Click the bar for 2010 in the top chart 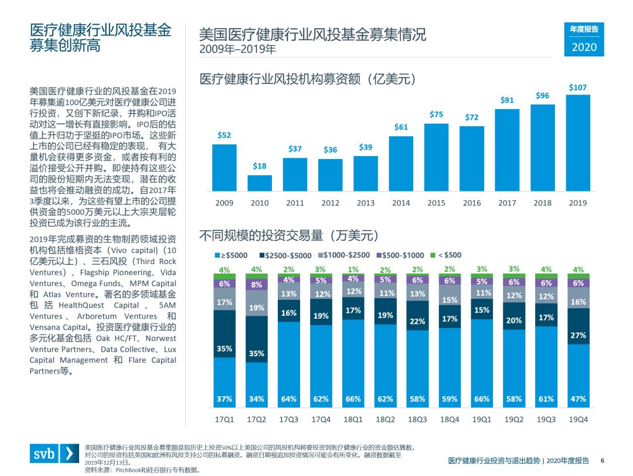click(260, 183)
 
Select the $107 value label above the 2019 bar click(577, 87)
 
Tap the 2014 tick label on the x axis click(401, 203)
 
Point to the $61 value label click(401, 127)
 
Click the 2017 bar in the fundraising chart click(507, 150)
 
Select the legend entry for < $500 click(448, 255)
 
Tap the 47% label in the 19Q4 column click(578, 399)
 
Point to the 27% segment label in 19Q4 click(578, 335)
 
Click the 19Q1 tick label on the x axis click(482, 420)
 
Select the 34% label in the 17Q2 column click(256, 399)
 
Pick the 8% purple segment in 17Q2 click(256, 285)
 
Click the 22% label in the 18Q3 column click(417, 322)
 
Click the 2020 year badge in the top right click(584, 47)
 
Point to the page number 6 click(602, 460)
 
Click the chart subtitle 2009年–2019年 click(237, 49)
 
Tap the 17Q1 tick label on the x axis click(224, 420)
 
